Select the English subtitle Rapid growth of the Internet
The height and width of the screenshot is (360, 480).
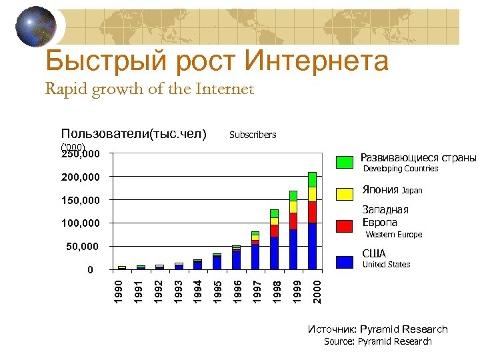[149, 89]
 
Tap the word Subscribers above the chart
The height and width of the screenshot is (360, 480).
[252, 135]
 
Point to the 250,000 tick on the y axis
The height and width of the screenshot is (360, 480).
[81, 154]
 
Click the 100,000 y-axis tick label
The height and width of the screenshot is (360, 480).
[81, 223]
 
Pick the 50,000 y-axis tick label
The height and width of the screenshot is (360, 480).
[83, 247]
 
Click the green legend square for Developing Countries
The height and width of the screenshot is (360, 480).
[345, 162]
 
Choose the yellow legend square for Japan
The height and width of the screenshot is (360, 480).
[345, 194]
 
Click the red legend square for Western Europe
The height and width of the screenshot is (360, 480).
[345, 226]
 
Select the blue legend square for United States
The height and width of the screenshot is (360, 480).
[345, 261]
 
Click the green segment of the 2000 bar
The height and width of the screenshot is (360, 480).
[312, 179]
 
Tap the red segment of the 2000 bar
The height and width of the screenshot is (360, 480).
[312, 212]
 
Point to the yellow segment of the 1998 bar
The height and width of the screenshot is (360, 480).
[274, 221]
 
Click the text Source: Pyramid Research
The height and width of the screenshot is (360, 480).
[377, 341]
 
